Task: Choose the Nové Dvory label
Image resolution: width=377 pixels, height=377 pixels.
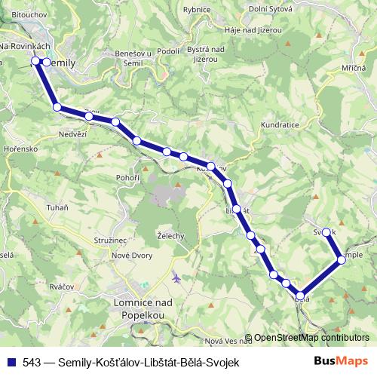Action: point(131,256)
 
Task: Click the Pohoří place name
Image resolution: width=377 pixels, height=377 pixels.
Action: point(128,177)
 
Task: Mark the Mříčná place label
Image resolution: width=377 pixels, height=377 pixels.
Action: point(354,69)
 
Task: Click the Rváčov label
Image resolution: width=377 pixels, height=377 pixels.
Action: point(39,287)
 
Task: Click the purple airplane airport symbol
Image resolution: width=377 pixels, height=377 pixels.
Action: point(176,277)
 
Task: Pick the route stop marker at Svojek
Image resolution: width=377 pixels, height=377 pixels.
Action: point(326,232)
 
